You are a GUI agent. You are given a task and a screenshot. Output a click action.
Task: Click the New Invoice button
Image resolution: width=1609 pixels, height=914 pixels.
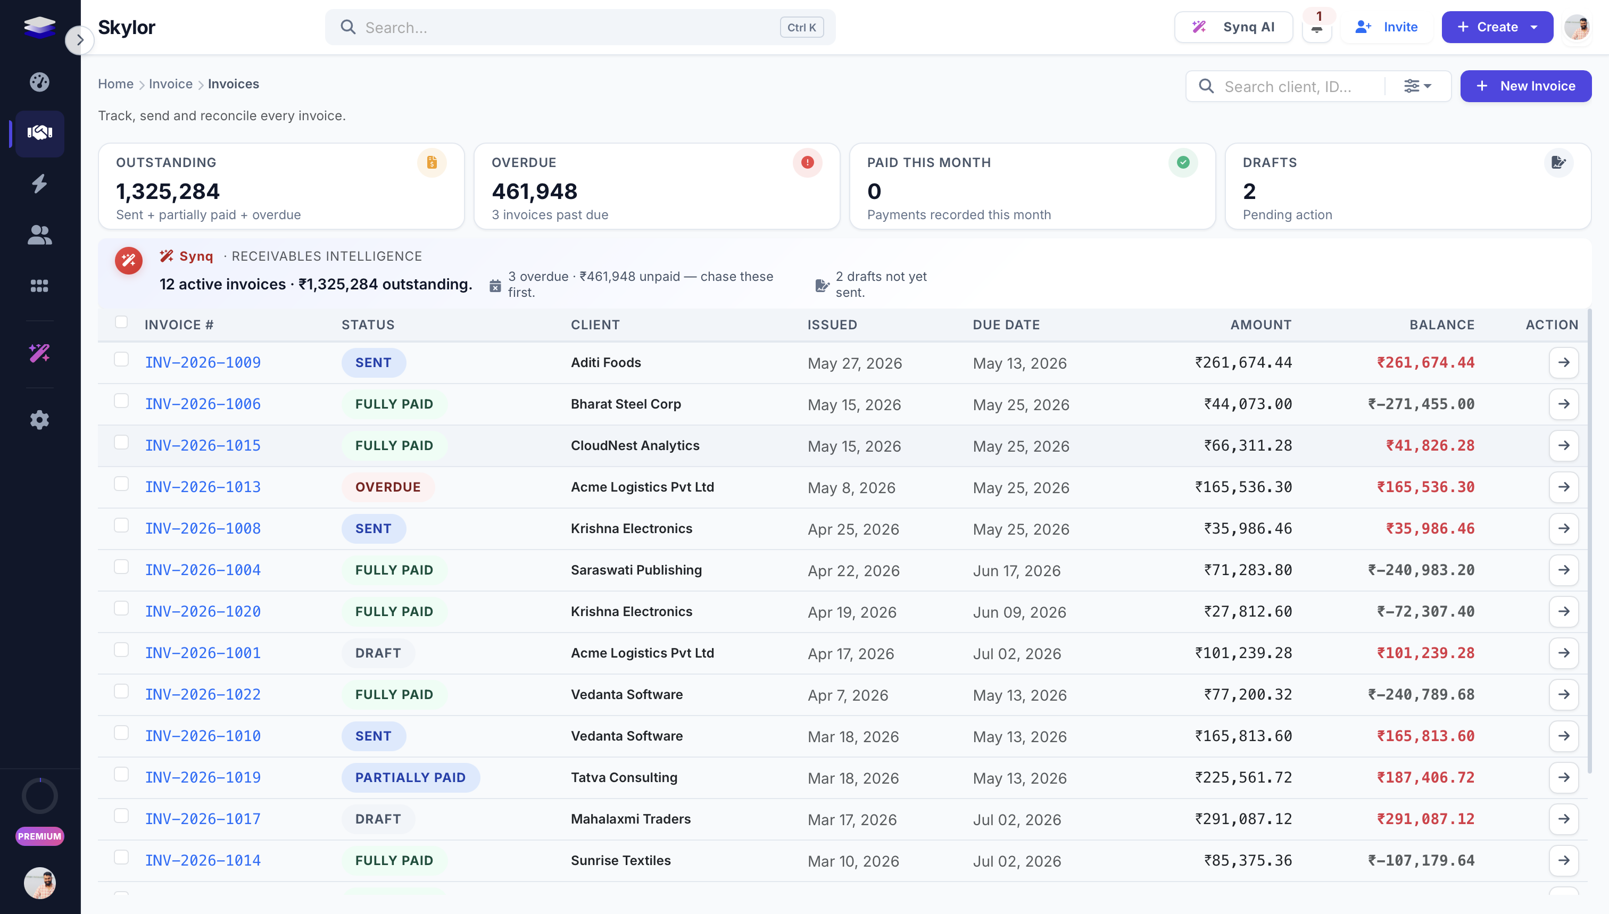(x=1525, y=86)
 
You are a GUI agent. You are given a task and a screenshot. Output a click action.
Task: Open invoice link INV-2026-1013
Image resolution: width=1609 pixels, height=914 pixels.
(x=203, y=487)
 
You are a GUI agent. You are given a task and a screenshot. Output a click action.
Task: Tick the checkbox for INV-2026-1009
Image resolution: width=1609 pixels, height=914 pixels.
(x=121, y=359)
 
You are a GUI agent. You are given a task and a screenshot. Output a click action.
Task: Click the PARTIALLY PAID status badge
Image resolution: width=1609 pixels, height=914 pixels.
(x=411, y=777)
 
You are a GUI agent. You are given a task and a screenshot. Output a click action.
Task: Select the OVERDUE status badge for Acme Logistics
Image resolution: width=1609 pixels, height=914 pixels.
(x=388, y=487)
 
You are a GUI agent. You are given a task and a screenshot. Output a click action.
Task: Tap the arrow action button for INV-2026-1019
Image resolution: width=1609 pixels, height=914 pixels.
(x=1563, y=777)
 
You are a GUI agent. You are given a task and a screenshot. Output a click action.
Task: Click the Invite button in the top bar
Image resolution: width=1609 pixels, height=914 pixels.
(x=1387, y=27)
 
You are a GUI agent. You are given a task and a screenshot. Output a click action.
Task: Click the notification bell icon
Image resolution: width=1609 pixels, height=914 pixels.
(x=1316, y=28)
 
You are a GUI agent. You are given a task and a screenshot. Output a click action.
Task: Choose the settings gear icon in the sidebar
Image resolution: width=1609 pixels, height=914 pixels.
(x=39, y=419)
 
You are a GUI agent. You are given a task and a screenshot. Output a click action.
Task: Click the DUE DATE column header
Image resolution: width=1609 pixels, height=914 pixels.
(x=1006, y=325)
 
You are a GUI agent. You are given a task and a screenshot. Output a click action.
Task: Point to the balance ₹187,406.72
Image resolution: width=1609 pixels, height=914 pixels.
(x=1425, y=777)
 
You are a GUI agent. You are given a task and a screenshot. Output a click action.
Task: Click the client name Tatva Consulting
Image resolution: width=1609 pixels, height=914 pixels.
(x=624, y=777)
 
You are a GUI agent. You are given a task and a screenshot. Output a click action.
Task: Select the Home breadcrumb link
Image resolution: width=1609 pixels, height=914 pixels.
(x=115, y=84)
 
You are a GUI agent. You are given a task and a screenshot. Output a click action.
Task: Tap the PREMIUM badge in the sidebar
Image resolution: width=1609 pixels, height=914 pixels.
(x=39, y=836)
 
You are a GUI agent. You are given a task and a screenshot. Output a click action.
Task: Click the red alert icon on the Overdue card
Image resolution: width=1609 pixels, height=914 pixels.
(x=807, y=163)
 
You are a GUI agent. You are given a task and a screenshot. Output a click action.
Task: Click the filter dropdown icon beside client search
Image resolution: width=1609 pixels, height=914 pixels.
(x=1417, y=86)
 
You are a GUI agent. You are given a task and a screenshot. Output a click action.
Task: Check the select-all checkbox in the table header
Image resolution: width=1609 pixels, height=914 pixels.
(x=121, y=322)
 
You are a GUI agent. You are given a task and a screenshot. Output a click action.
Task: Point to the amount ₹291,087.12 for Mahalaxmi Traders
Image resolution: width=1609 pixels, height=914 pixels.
(x=1243, y=819)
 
